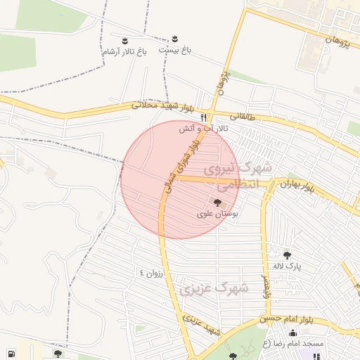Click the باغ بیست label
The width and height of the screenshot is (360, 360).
point(174,50)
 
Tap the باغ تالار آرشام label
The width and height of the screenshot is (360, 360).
point(124,52)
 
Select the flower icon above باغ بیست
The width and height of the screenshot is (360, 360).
point(174,37)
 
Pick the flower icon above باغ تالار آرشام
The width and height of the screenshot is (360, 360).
point(125,39)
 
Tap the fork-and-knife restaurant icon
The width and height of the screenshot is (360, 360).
point(204,117)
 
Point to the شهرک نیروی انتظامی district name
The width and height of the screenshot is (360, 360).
point(231,178)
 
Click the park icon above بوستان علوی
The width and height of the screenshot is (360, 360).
point(216,202)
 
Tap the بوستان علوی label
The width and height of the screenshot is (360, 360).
point(217,213)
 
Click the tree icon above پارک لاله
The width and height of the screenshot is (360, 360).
point(286,255)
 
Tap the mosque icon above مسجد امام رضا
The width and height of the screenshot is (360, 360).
point(292,333)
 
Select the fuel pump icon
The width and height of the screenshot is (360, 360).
point(11,354)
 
